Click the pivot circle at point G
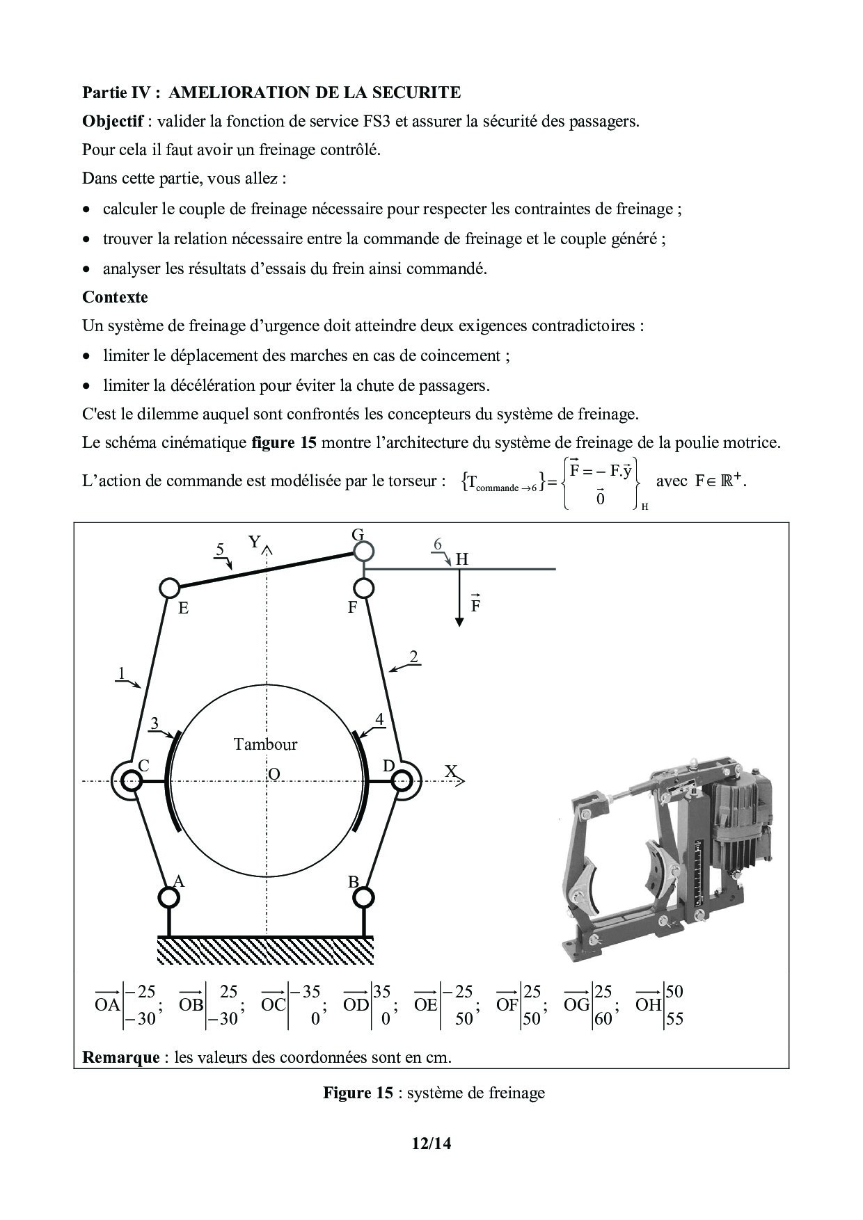click(362, 552)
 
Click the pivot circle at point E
click(169, 588)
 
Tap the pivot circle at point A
click(169, 897)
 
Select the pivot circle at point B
click(364, 897)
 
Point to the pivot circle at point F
click(364, 588)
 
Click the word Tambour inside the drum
click(265, 744)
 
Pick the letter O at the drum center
click(274, 773)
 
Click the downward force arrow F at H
click(459, 598)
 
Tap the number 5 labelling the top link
click(219, 549)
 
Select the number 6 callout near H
click(438, 543)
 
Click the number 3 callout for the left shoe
click(155, 723)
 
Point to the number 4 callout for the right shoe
click(379, 720)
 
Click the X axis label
click(451, 771)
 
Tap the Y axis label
click(255, 542)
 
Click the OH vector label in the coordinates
click(649, 1004)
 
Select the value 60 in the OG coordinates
click(603, 1018)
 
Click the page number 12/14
click(431, 1143)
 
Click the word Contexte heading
click(115, 297)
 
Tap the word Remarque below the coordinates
click(120, 1057)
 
